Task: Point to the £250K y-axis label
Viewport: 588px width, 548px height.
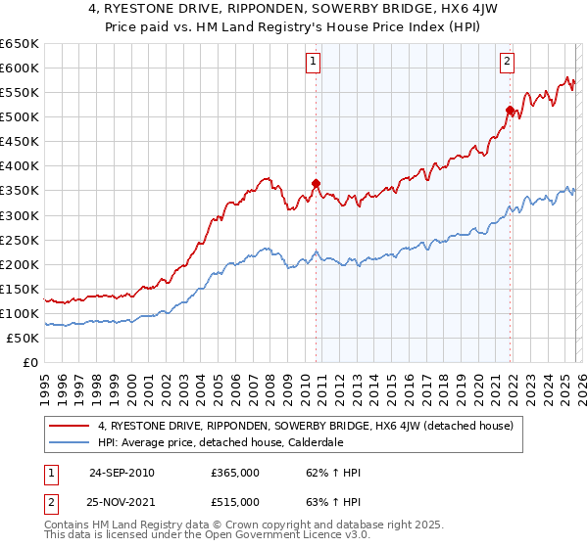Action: [20, 240]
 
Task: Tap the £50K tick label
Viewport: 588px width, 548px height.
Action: [24, 338]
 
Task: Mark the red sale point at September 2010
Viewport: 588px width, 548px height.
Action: [316, 182]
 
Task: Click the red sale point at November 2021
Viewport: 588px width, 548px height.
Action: [510, 109]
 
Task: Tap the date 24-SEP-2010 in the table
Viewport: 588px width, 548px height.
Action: [122, 473]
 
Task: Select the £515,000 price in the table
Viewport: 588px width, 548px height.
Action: [234, 502]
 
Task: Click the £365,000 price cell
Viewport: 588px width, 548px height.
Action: [234, 473]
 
